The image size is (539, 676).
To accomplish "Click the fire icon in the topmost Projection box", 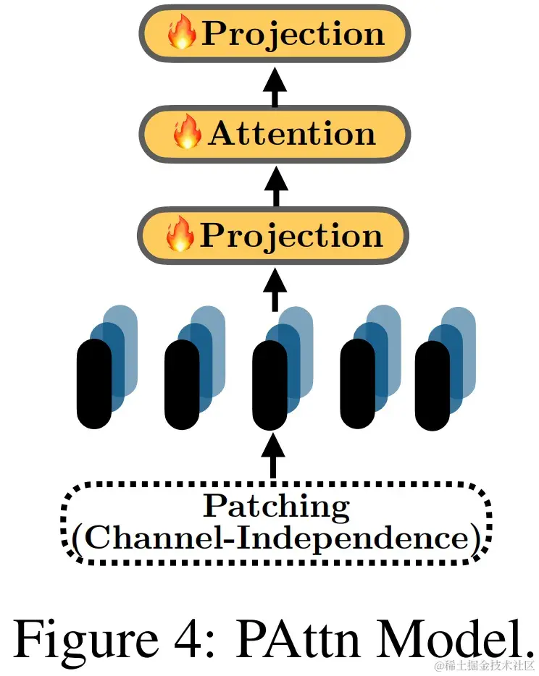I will tap(182, 34).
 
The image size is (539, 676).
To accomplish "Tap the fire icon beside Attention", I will tap(188, 134).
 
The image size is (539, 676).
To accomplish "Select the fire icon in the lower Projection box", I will tap(180, 235).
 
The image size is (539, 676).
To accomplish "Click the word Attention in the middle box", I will tap(291, 134).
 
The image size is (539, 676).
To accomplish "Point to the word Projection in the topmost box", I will tap(292, 34).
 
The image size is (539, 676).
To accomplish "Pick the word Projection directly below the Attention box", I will tap(291, 235).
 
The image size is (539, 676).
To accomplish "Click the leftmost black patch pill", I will tap(94, 384).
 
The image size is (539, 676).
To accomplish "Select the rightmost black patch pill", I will tap(433, 384).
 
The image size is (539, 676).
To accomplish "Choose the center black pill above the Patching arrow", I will tap(270, 384).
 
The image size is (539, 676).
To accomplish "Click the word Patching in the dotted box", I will tap(275, 506).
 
